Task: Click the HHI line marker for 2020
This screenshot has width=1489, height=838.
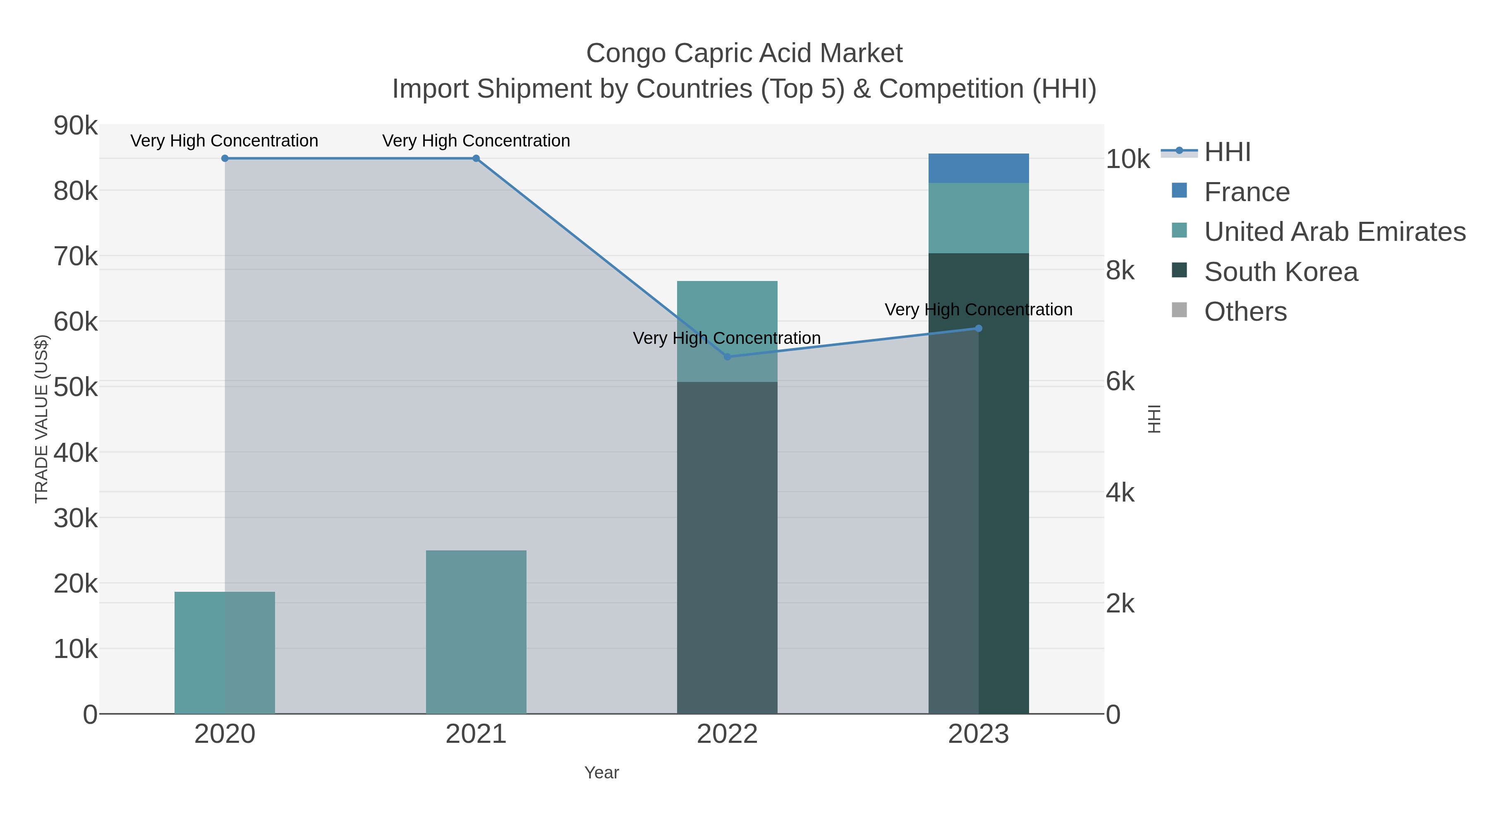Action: point(225,158)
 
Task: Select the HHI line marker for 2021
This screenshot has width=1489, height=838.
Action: point(476,158)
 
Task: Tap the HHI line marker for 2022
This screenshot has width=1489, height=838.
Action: point(727,357)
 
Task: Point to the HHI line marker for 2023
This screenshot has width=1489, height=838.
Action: point(978,329)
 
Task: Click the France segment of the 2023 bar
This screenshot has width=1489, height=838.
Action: point(978,168)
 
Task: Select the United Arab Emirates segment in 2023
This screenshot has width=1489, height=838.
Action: point(978,218)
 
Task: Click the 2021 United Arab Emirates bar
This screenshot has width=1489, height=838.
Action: point(476,632)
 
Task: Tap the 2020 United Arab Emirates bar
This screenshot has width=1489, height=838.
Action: point(225,652)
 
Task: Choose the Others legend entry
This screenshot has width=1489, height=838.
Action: point(1245,312)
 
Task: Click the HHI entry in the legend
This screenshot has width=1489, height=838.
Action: point(1227,152)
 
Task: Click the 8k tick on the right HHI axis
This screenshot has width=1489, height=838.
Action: point(1120,270)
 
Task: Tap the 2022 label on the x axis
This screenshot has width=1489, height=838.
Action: point(727,734)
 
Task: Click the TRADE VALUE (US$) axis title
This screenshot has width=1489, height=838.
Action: point(41,419)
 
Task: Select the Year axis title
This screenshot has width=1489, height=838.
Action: point(601,773)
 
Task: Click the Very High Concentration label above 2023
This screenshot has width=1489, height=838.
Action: point(978,310)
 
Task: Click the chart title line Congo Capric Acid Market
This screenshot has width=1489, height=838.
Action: point(744,53)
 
